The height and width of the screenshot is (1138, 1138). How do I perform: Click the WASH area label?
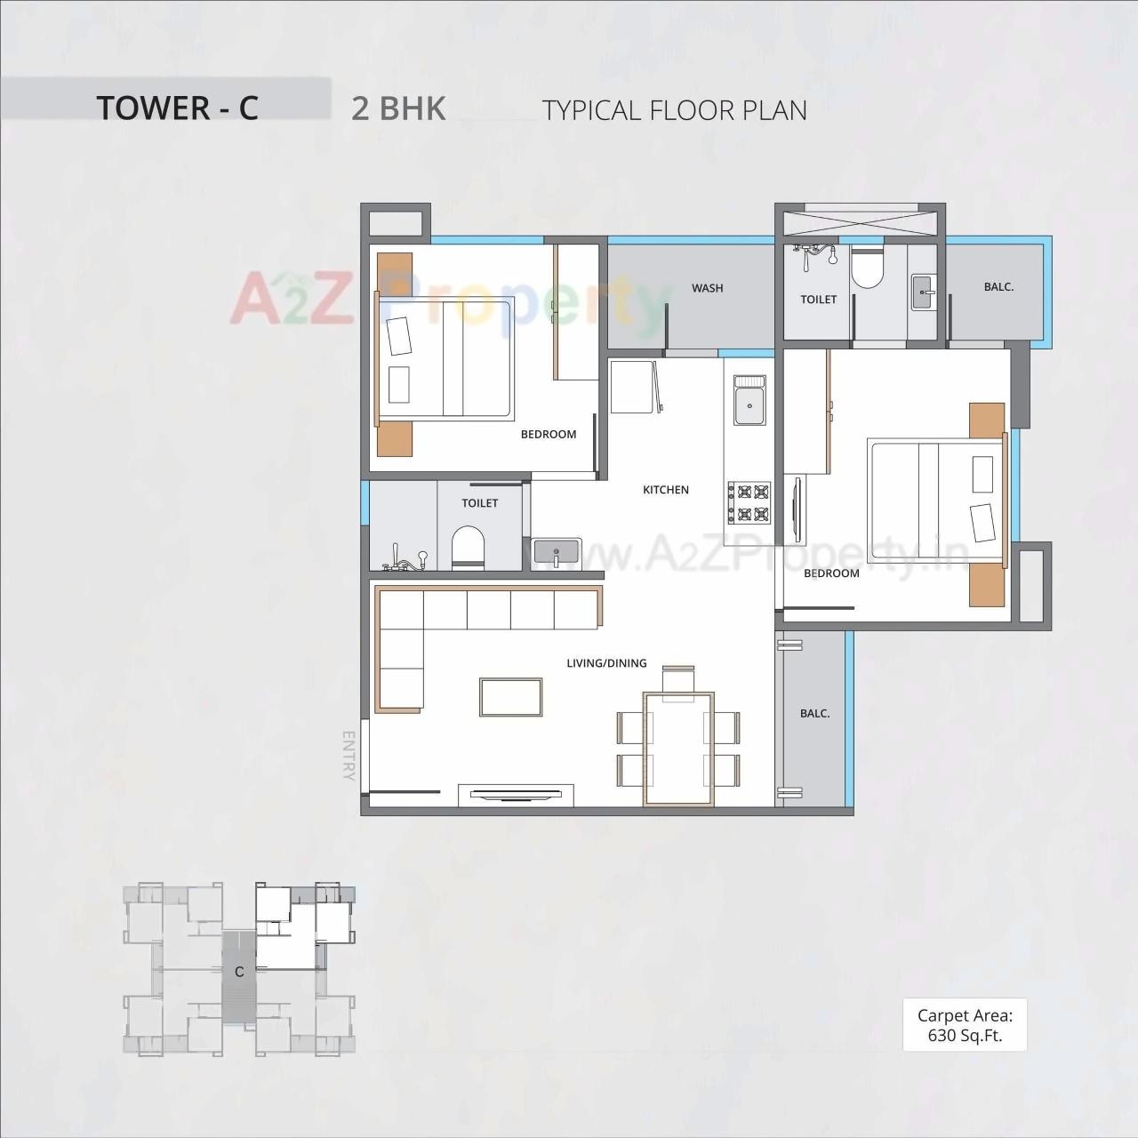click(707, 288)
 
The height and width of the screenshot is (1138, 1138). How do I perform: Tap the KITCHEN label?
click(666, 490)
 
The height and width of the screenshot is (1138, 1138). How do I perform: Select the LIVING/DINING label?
click(606, 663)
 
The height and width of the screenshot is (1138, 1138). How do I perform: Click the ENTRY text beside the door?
click(349, 756)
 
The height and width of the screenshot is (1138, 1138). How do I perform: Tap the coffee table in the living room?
click(511, 696)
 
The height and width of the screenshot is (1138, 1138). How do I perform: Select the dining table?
click(679, 749)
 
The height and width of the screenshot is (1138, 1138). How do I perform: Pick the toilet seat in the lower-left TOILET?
click(468, 546)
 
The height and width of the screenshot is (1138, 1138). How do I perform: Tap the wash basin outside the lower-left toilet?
click(557, 551)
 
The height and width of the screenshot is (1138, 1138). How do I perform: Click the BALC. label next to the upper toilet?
click(998, 287)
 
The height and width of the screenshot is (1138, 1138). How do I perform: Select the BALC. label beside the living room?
click(814, 714)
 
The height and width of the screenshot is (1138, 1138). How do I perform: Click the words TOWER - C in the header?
click(177, 108)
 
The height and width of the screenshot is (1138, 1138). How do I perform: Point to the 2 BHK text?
click(398, 108)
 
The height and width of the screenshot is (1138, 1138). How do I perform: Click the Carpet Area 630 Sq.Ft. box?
click(965, 1025)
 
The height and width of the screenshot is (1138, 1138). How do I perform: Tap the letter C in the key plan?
click(239, 972)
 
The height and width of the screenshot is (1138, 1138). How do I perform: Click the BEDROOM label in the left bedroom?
click(549, 435)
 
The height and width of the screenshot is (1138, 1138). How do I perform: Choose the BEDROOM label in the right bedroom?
click(831, 573)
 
